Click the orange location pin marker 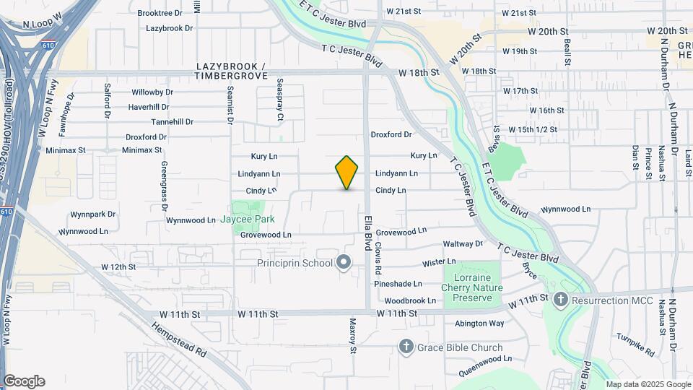coord(346,173)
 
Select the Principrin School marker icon coord(344,263)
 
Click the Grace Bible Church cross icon coord(406,347)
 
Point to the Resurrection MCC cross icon coord(561,300)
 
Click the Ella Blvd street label coord(367,228)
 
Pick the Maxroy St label coord(353,336)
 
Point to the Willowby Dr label coord(152,92)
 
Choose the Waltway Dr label coord(463,244)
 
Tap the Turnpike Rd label coord(635,345)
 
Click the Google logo coord(24,381)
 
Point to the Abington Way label coord(479,324)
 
